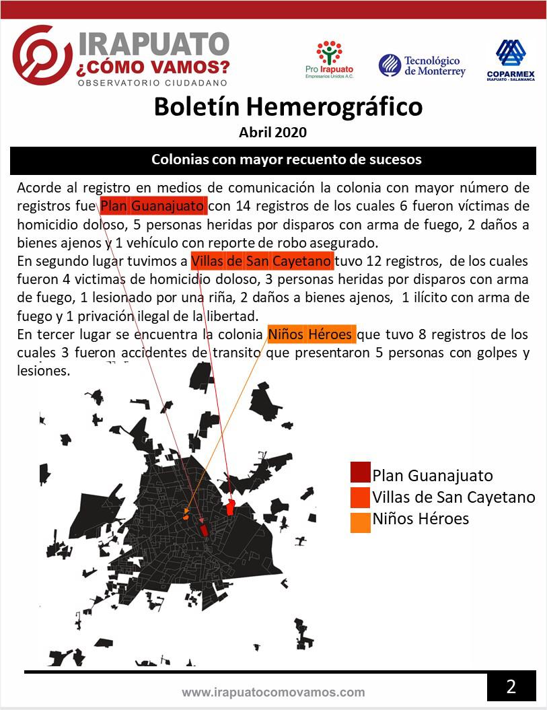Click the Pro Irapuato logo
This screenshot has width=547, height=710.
click(329, 59)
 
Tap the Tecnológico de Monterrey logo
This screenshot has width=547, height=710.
click(422, 65)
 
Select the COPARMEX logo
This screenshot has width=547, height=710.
click(511, 59)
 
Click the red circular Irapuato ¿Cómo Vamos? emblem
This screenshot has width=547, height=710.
click(42, 56)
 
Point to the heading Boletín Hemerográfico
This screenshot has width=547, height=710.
click(288, 106)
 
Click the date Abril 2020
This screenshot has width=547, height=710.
click(272, 132)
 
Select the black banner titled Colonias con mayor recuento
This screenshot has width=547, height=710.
click(273, 160)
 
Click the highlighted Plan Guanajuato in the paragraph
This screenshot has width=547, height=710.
click(153, 205)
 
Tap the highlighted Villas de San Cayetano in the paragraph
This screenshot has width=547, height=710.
click(261, 260)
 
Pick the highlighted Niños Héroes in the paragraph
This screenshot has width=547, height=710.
click(310, 334)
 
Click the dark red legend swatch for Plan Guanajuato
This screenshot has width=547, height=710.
click(360, 473)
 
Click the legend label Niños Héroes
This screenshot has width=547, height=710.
click(420, 519)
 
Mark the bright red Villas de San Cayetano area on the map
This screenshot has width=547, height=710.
click(230, 507)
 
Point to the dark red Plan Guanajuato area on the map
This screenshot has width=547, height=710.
click(204, 530)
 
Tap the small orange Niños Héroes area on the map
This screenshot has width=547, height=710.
click(185, 518)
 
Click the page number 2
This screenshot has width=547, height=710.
click(511, 686)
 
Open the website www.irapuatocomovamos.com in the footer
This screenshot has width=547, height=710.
click(273, 692)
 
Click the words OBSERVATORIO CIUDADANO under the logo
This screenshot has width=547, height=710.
click(153, 83)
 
